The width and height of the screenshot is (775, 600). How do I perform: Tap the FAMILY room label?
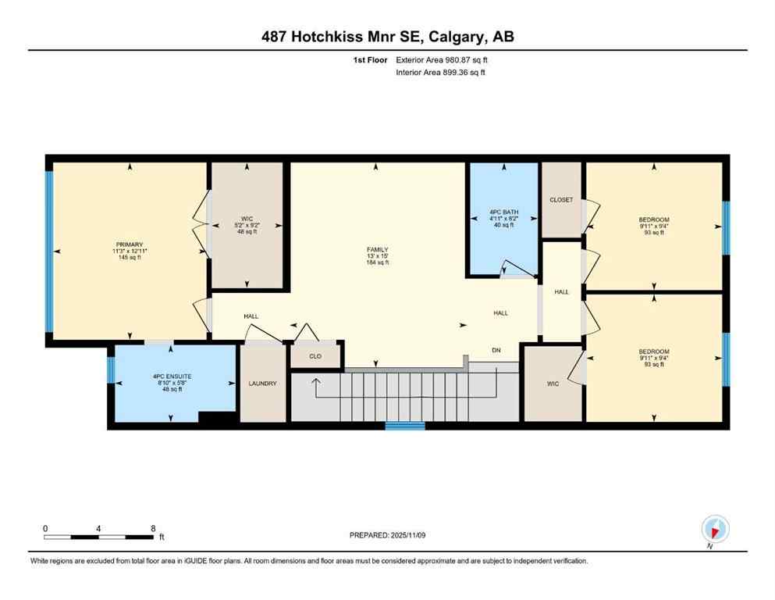tap(377, 249)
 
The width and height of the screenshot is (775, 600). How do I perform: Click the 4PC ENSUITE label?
tap(172, 376)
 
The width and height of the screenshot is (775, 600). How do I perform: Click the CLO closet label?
tap(315, 355)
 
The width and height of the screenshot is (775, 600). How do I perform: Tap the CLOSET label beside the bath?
tap(561, 200)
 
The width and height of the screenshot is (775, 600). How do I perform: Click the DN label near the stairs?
tap(496, 350)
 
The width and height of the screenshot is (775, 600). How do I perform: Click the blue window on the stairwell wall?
tap(405, 426)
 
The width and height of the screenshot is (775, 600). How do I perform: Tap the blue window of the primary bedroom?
tap(49, 250)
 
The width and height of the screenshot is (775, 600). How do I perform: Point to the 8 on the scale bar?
tap(153, 528)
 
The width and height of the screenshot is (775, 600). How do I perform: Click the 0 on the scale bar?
tap(46, 528)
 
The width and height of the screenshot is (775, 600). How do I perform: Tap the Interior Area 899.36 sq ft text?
tap(441, 73)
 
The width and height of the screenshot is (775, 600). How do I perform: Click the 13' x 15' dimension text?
tap(377, 256)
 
